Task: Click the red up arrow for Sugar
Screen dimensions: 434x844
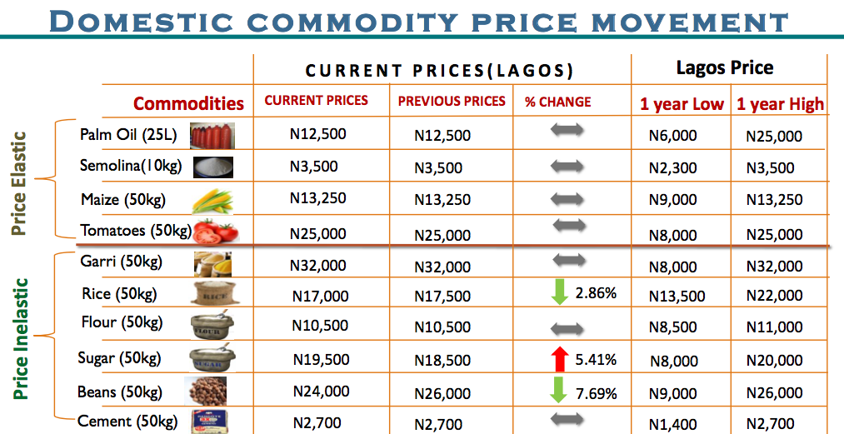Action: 559,360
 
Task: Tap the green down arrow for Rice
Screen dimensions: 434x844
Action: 559,293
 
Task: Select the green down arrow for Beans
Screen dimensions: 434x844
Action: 559,391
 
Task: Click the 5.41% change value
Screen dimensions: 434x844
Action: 596,360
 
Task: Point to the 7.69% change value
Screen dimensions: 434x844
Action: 596,392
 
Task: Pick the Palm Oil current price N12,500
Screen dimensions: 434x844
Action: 317,133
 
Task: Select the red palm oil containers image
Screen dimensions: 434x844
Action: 212,134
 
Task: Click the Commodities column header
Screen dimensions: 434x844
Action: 188,103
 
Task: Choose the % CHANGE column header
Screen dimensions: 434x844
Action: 557,102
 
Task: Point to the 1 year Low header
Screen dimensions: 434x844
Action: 682,104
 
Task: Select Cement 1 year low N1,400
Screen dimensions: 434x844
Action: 672,424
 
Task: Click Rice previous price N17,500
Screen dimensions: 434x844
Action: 442,296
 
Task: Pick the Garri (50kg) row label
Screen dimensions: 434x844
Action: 121,262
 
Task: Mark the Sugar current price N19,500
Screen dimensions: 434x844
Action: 321,359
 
